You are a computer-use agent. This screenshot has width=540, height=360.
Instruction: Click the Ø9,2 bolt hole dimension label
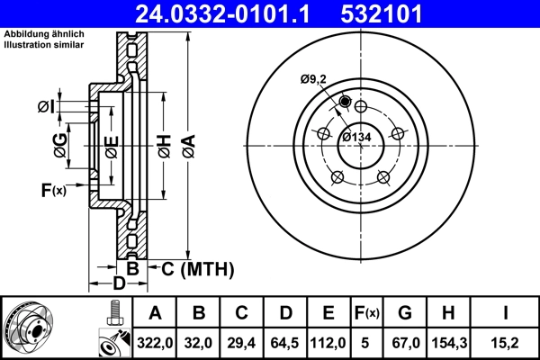(x=312, y=79)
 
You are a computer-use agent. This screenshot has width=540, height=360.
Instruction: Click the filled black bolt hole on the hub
(x=346, y=102)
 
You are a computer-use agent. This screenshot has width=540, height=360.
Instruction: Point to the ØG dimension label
(x=60, y=144)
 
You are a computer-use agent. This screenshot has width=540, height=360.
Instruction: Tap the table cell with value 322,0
(x=155, y=343)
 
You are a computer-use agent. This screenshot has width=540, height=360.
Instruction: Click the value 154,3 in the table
(x=446, y=343)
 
